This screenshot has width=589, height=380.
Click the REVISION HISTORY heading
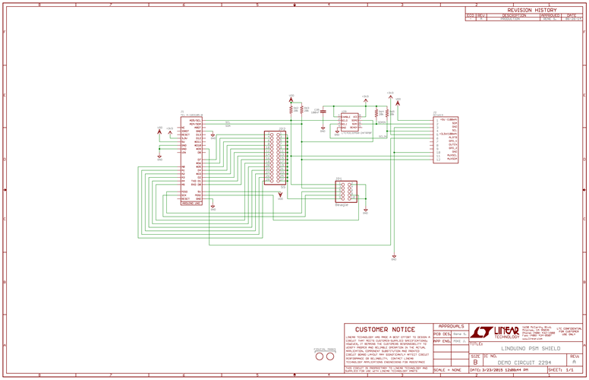pyautogui.click(x=526, y=10)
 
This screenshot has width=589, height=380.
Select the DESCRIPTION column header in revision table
pyautogui.click(x=513, y=15)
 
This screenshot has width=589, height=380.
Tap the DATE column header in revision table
pyautogui.click(x=571, y=15)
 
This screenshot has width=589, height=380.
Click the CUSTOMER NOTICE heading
pyautogui.click(x=386, y=330)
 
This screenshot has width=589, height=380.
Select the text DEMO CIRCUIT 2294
pyautogui.click(x=524, y=362)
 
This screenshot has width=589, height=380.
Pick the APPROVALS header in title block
pyautogui.click(x=451, y=325)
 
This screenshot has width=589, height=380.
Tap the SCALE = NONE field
pyautogui.click(x=447, y=369)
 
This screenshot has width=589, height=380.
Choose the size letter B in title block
pyautogui.click(x=475, y=362)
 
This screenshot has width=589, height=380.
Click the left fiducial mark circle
pyautogui.click(x=320, y=356)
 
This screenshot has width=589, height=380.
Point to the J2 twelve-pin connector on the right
pyautogui.click(x=446, y=140)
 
